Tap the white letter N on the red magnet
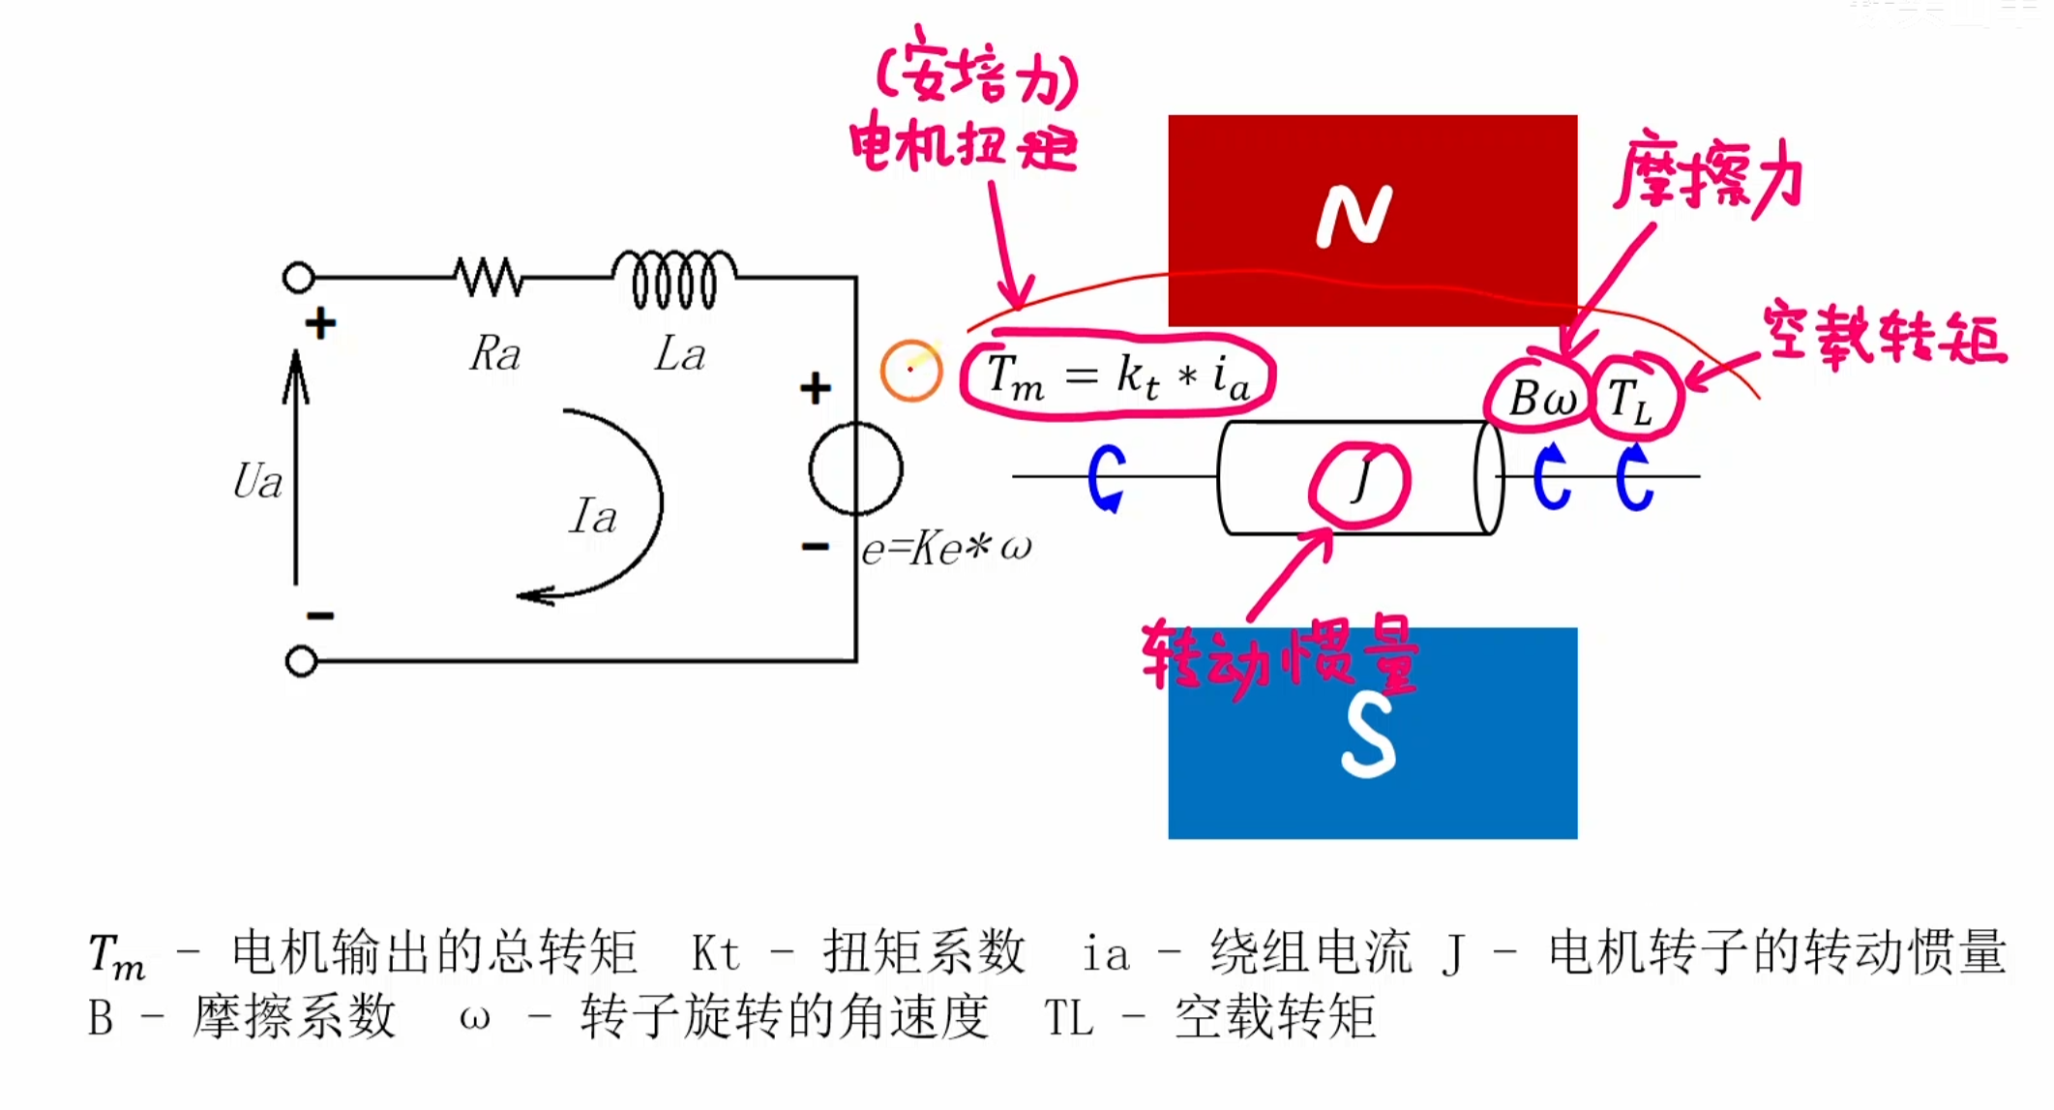[1354, 216]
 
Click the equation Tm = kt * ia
[1117, 376]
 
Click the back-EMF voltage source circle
[856, 470]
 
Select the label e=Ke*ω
[946, 548]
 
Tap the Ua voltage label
[257, 481]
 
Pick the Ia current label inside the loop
[592, 516]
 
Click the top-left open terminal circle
[299, 278]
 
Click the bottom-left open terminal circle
[302, 661]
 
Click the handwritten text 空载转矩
[1884, 334]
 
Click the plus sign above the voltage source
[816, 388]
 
